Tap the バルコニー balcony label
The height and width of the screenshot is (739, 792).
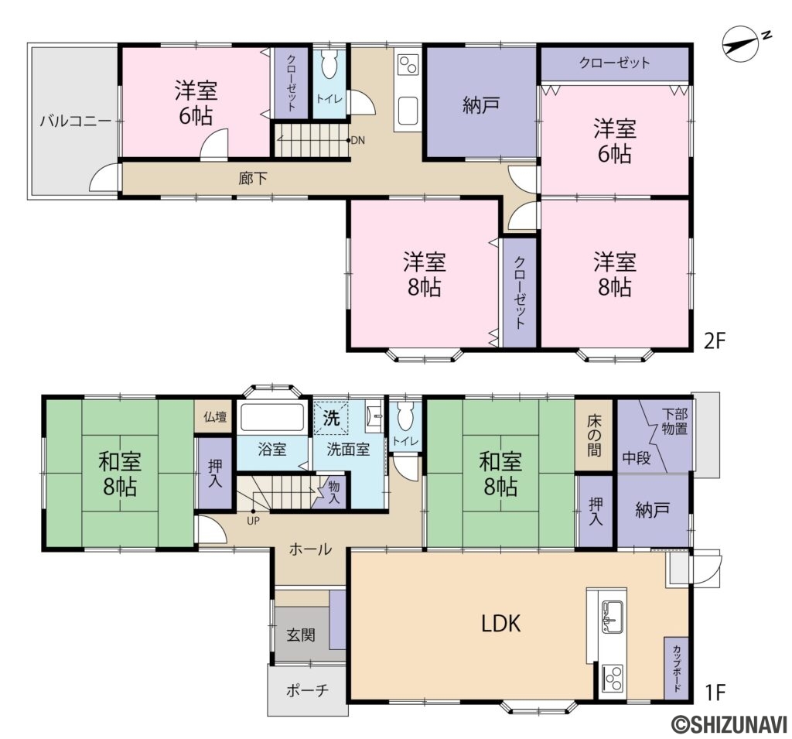[x=75, y=121]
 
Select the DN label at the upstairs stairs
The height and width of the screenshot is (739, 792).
[x=357, y=141]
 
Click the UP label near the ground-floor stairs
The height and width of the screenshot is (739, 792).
[x=254, y=521]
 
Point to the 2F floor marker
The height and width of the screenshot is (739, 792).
[x=714, y=342]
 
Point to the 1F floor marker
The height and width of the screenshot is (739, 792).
[x=714, y=692]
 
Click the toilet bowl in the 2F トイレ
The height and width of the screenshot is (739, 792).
[x=329, y=64]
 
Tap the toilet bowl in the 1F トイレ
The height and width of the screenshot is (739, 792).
[x=405, y=416]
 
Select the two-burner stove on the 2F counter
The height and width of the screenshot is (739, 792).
[x=408, y=63]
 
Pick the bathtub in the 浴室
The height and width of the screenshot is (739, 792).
[x=271, y=416]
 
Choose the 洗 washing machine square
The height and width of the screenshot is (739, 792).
[x=331, y=418]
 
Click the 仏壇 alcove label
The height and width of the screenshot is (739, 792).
[x=215, y=417]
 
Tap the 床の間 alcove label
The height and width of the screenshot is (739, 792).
[x=595, y=435]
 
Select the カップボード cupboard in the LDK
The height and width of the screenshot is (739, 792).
[x=676, y=668]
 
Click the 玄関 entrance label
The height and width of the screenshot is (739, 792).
[x=301, y=635]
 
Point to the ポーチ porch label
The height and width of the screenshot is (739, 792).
[x=307, y=690]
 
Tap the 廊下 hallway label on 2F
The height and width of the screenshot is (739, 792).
[x=253, y=179]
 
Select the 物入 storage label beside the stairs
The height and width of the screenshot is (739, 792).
[x=334, y=492]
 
